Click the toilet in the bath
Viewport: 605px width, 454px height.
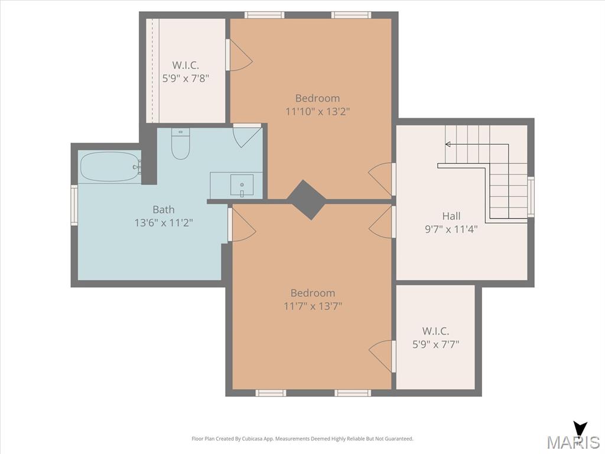tap(180, 144)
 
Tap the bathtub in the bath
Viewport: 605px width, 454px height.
tap(110, 166)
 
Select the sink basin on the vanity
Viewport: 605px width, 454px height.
tap(242, 185)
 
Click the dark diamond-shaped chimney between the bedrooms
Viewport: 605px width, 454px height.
tap(307, 200)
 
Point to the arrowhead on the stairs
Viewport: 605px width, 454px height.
tap(448, 144)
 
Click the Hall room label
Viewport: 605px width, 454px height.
tap(451, 216)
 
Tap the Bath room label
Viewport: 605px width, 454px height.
tap(164, 210)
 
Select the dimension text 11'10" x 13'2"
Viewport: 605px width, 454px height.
tap(317, 112)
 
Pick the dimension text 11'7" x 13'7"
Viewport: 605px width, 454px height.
tap(313, 306)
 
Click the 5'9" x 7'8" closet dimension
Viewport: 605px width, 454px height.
tap(186, 79)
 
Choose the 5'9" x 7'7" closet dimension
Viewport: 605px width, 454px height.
tap(435, 344)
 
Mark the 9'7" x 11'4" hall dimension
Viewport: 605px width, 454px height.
tap(451, 229)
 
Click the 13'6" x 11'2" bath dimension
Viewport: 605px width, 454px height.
tap(164, 223)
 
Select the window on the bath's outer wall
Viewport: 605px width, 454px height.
tap(74, 205)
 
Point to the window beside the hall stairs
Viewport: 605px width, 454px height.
tap(531, 196)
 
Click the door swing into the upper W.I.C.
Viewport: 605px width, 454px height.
tap(239, 55)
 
